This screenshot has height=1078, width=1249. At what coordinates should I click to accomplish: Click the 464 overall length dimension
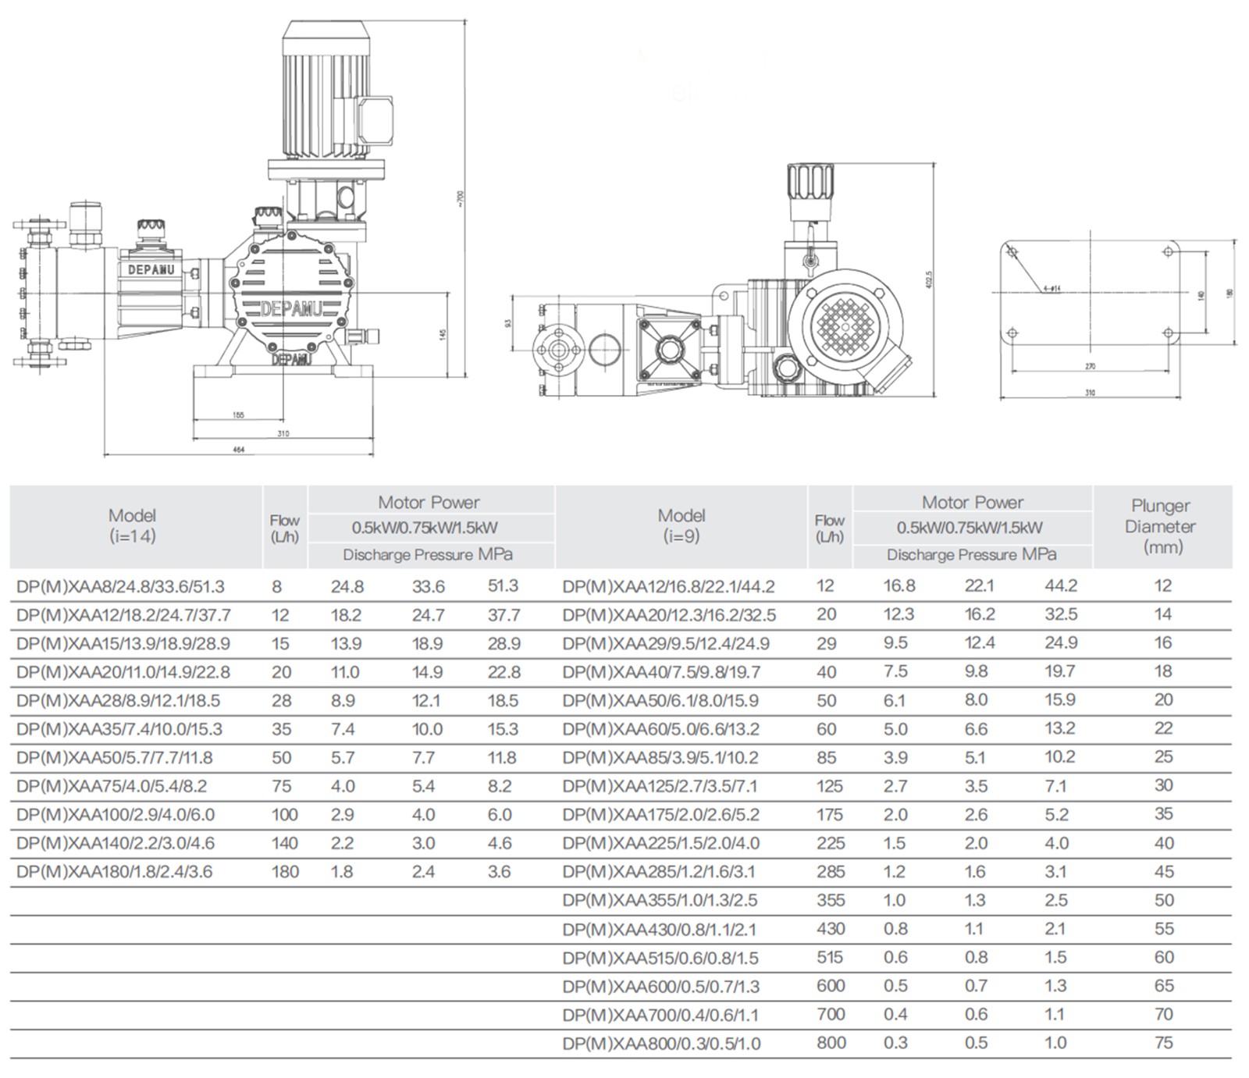(239, 450)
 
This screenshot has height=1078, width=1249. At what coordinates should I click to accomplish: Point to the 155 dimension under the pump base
(239, 415)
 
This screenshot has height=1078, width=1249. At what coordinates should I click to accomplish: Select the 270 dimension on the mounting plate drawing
(1090, 366)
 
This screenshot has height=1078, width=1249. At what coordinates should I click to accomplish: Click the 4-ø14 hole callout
(1052, 289)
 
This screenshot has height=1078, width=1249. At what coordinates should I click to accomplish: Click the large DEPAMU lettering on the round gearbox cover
(290, 309)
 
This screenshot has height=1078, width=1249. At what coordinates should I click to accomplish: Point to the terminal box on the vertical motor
(375, 120)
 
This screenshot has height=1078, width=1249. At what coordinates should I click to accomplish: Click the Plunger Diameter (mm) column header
(1162, 526)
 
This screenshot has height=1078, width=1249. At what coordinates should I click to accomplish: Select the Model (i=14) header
(133, 525)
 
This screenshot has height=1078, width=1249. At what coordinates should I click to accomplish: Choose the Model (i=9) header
(681, 525)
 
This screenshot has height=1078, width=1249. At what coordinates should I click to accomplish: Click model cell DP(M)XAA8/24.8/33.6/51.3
(120, 586)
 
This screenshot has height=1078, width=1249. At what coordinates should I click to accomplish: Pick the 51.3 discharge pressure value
(502, 586)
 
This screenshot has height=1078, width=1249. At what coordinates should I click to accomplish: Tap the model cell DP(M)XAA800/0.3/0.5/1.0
(661, 1044)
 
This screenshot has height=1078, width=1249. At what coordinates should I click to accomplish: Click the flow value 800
(831, 1043)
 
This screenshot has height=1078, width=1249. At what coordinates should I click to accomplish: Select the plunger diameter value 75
(1163, 1043)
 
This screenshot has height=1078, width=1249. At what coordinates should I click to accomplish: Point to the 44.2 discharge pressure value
(1061, 586)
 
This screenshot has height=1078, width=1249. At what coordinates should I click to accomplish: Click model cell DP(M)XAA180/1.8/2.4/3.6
(114, 872)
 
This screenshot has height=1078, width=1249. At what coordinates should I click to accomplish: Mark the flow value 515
(830, 958)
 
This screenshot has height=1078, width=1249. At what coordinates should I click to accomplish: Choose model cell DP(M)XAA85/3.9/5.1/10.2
(660, 758)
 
